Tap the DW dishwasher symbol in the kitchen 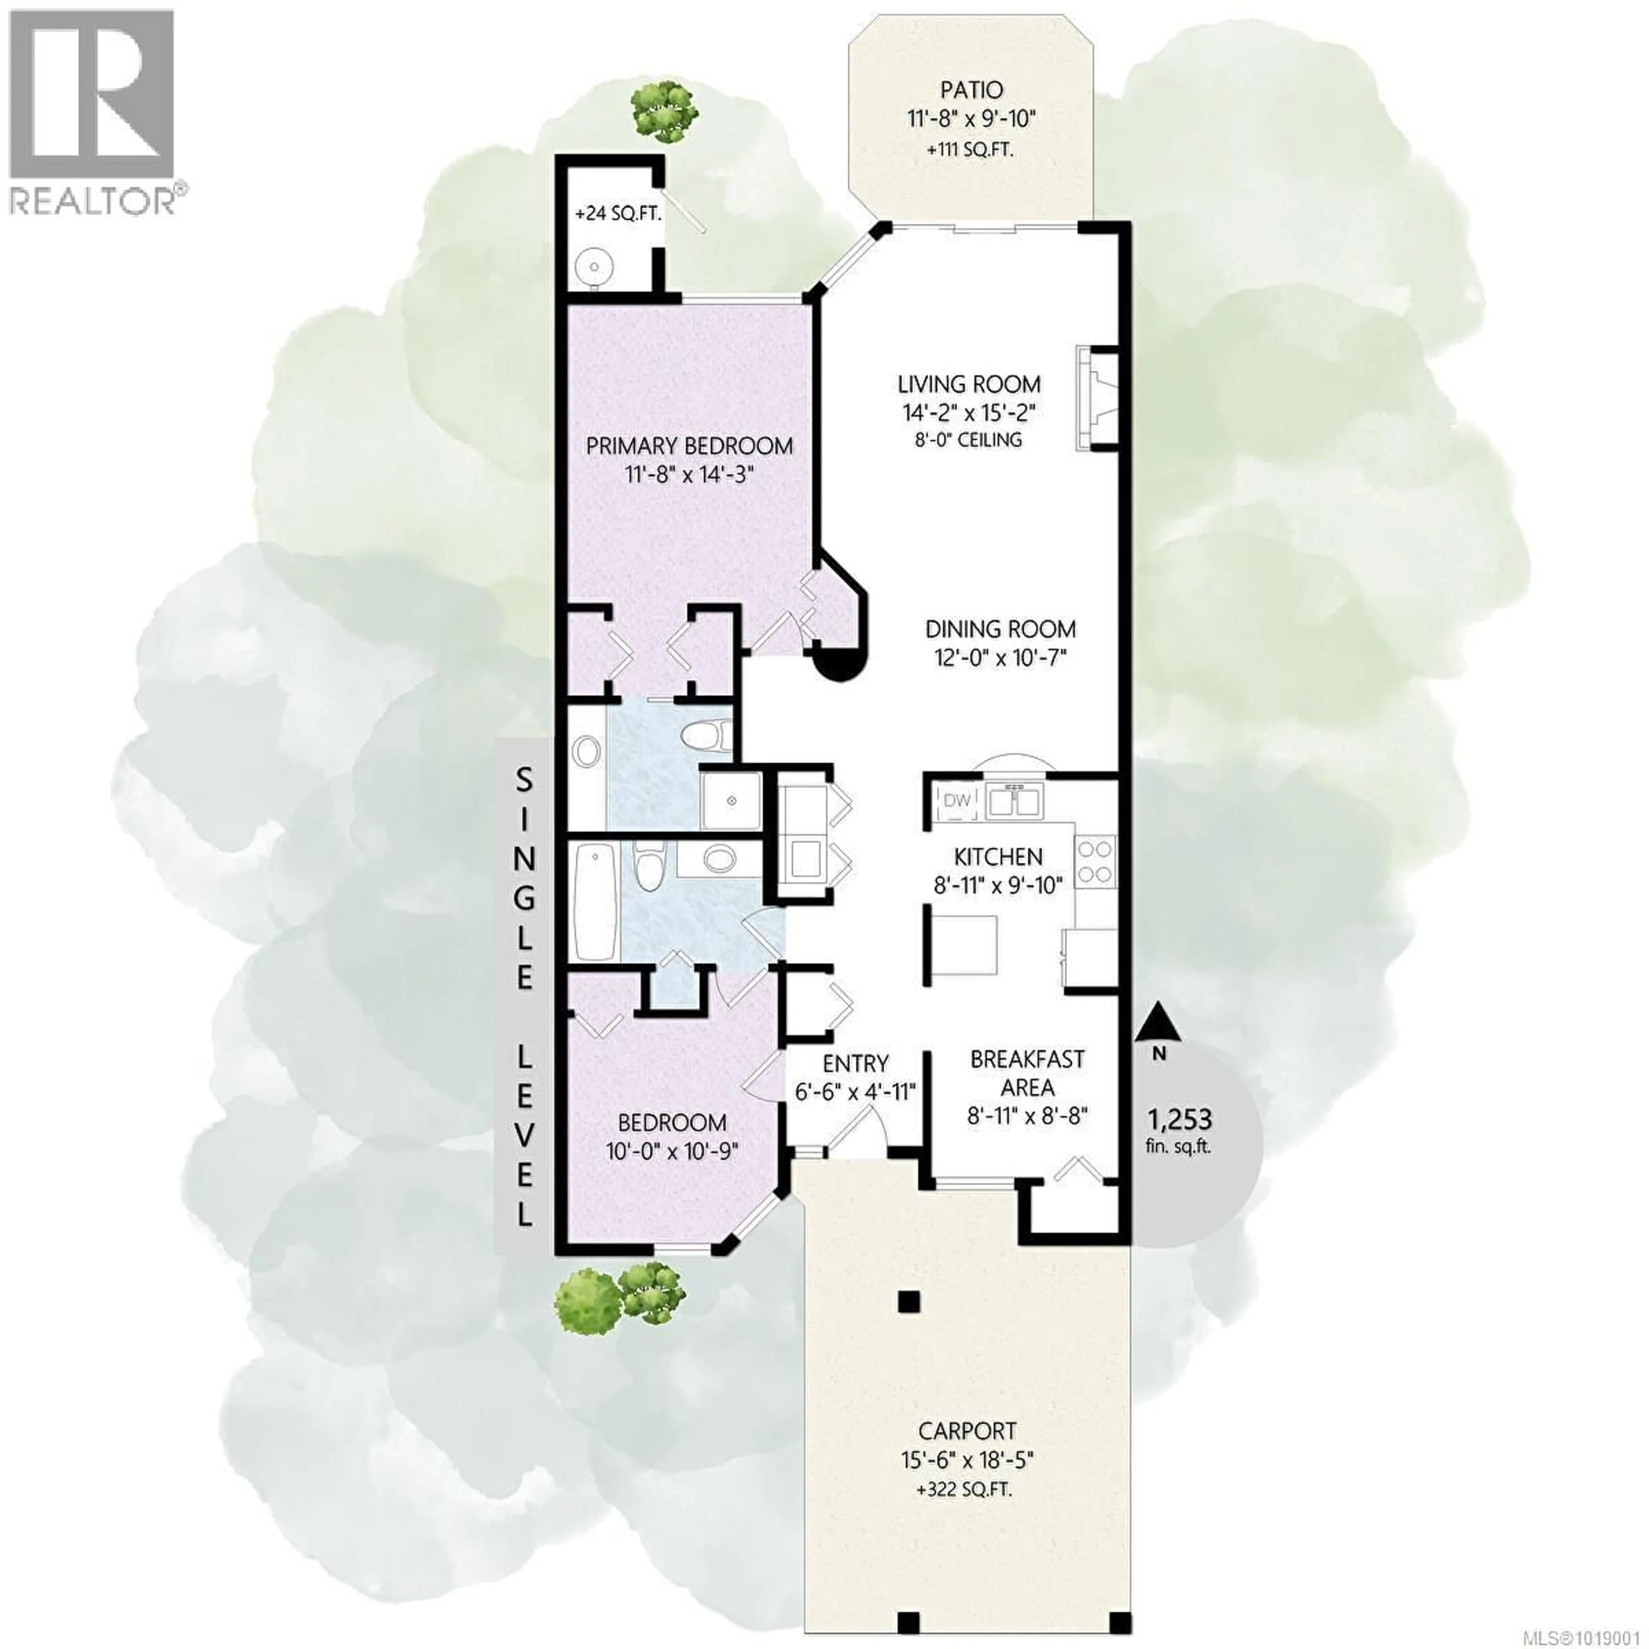(957, 800)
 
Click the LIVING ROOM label (969, 384)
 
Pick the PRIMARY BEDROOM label (689, 446)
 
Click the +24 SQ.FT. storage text (618, 213)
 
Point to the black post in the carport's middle (909, 1302)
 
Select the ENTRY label (855, 1064)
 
